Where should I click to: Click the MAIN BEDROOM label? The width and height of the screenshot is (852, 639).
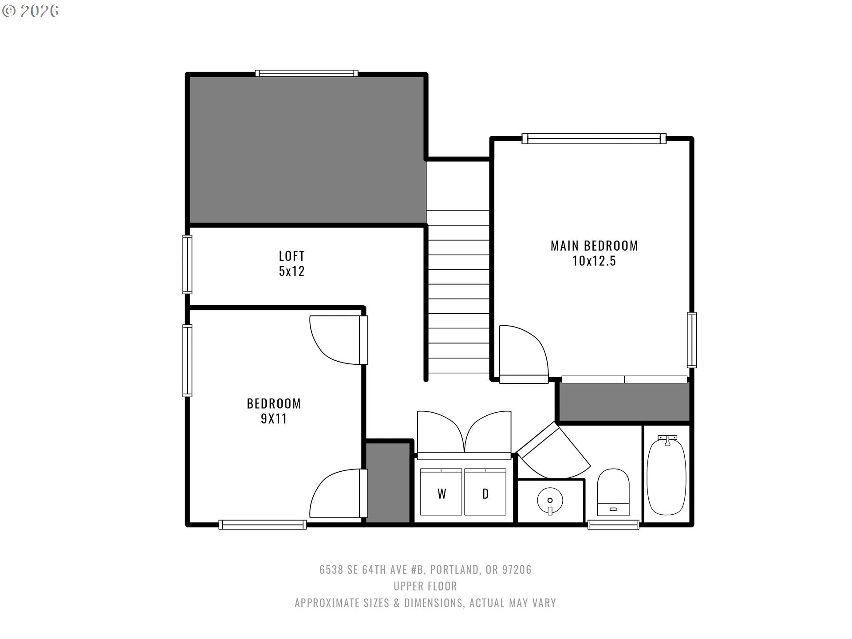(594, 245)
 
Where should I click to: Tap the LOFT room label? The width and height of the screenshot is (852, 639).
(292, 256)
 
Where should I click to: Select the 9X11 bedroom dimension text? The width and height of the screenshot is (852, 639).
(273, 418)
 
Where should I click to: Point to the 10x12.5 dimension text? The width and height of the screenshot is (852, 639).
(594, 261)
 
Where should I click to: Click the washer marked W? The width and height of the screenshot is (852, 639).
(441, 492)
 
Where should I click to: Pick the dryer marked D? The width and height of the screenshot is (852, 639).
(485, 492)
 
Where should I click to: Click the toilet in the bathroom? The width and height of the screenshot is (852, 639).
(613, 493)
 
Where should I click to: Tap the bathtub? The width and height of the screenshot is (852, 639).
(667, 475)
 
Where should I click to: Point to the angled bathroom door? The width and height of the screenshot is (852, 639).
(552, 453)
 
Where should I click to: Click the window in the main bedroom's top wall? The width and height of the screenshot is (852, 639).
(594, 139)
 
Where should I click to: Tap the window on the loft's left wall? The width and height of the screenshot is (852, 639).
(187, 264)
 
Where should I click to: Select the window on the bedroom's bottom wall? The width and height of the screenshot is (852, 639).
(262, 525)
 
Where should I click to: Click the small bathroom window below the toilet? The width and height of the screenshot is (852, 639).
(613, 525)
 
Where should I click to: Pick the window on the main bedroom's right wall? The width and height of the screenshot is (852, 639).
(691, 340)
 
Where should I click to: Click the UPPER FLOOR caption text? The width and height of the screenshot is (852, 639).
(425, 586)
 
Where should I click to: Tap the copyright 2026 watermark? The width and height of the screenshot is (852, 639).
(31, 11)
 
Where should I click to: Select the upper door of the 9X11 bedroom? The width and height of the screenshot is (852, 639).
(337, 339)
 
